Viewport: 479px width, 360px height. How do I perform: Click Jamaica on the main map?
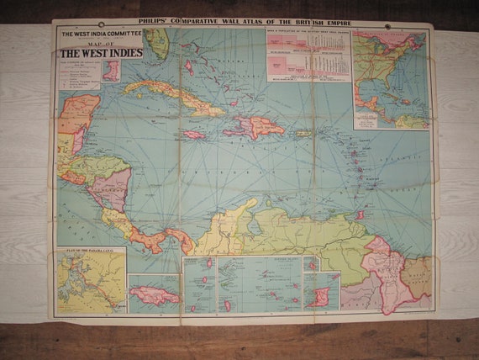click(191, 134)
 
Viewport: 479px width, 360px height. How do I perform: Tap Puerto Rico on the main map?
click(302, 133)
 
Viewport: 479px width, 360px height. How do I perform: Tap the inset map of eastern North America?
click(390, 79)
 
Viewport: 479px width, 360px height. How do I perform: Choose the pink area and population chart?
click(308, 55)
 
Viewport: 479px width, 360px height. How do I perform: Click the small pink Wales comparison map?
click(111, 71)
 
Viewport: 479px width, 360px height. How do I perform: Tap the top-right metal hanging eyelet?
click(387, 26)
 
